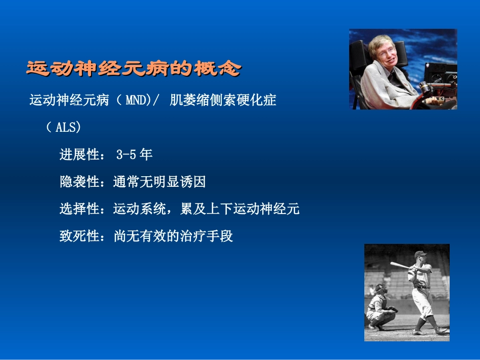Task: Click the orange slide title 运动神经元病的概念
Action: coord(133,68)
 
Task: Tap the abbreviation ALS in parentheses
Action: coord(67,127)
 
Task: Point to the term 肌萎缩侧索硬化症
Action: coord(223,100)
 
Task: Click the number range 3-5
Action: coord(126,155)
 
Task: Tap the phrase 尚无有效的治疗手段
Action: coord(173,236)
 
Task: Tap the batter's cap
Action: coord(420,254)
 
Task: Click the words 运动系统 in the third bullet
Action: coord(140,209)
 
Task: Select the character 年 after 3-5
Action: coord(146,155)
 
